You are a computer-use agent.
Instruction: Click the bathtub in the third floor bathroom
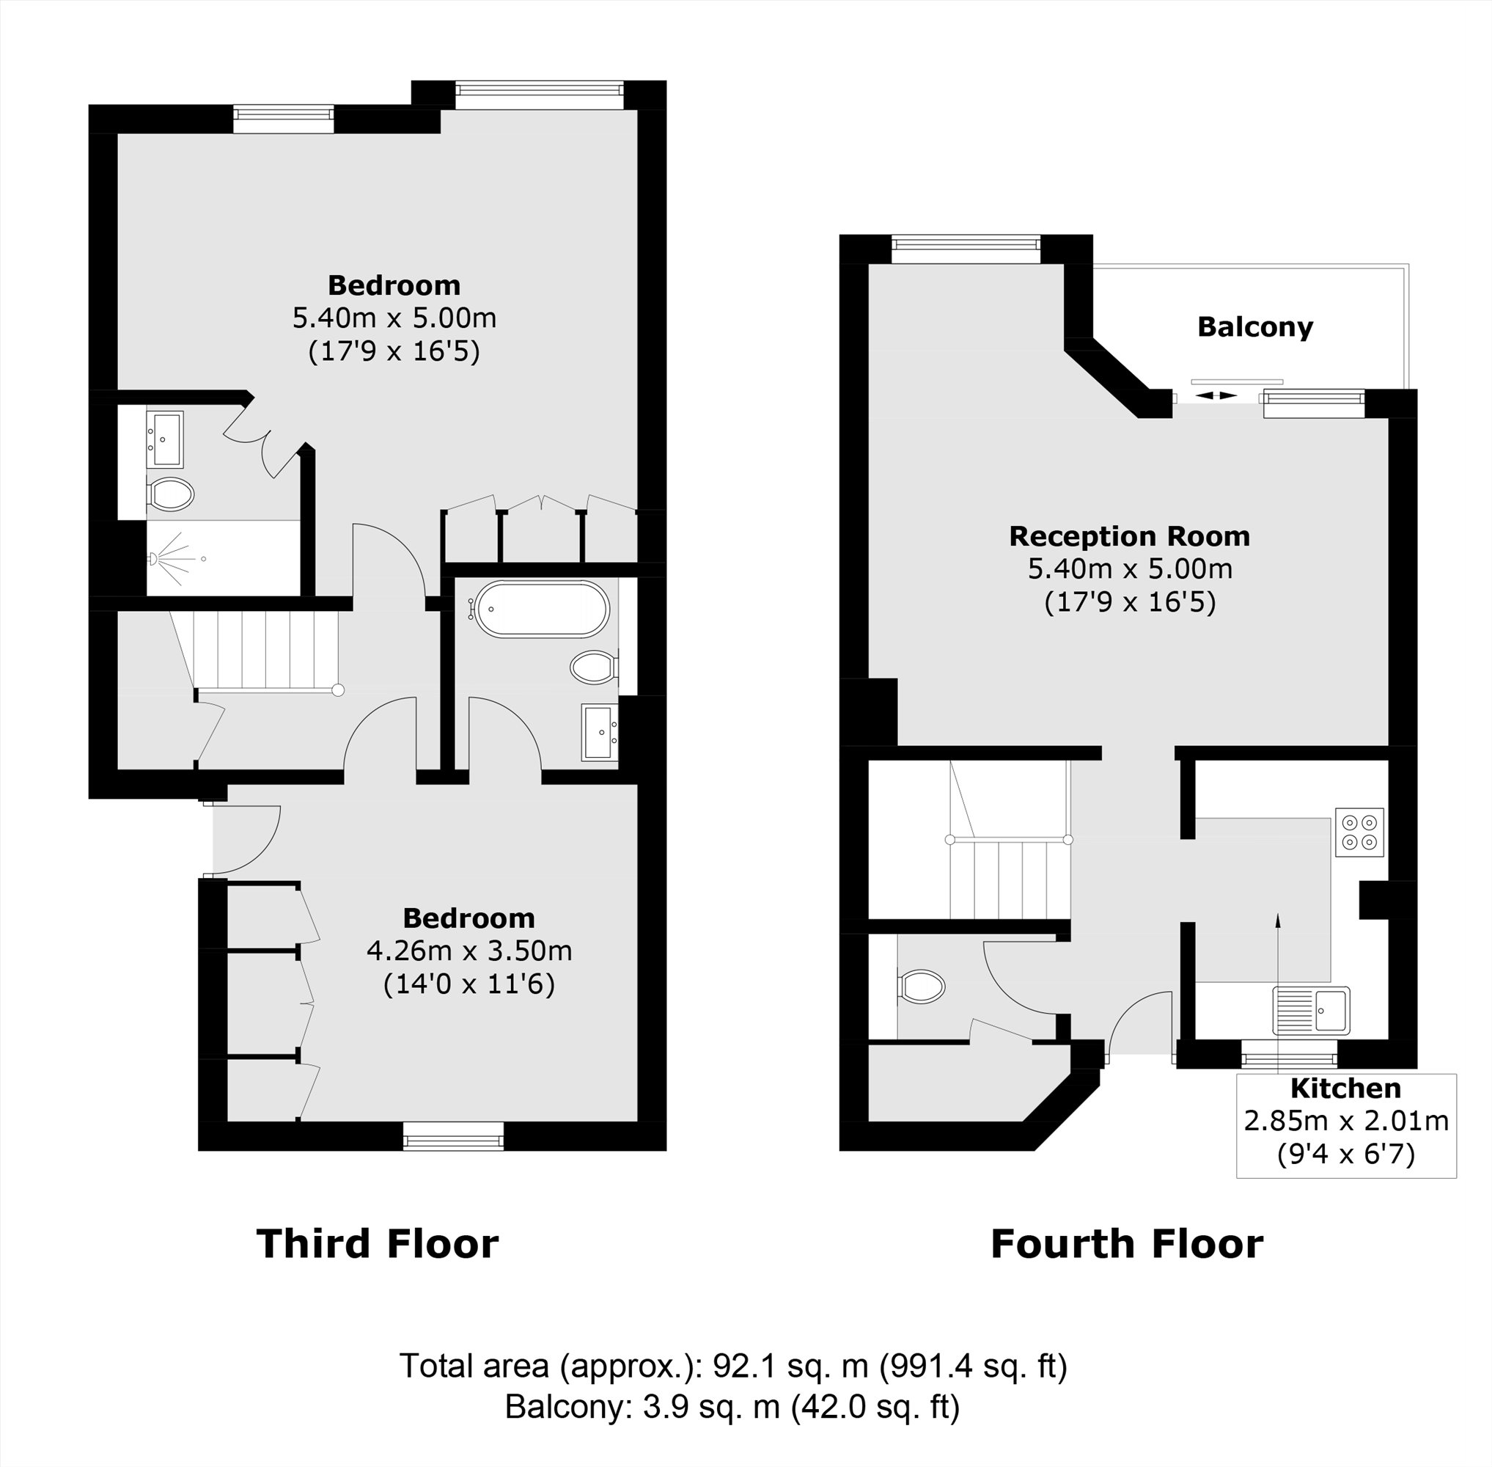click(543, 610)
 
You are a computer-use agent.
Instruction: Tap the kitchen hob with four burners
click(1359, 832)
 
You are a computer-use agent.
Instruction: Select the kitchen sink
click(1310, 1010)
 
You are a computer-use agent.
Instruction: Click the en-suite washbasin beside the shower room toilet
click(165, 439)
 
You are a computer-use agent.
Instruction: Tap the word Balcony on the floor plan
click(1254, 327)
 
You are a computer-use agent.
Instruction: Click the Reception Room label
click(1129, 536)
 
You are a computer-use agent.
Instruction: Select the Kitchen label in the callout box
click(1345, 1089)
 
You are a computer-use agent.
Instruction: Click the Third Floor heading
click(377, 1244)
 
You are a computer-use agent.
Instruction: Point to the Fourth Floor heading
click(1126, 1244)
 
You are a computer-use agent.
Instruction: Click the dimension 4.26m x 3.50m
click(468, 951)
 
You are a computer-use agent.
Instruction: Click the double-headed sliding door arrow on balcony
click(1216, 395)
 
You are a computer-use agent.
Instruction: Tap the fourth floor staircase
click(1009, 878)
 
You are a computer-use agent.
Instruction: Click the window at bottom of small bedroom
click(453, 1135)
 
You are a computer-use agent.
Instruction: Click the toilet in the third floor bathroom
click(594, 667)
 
